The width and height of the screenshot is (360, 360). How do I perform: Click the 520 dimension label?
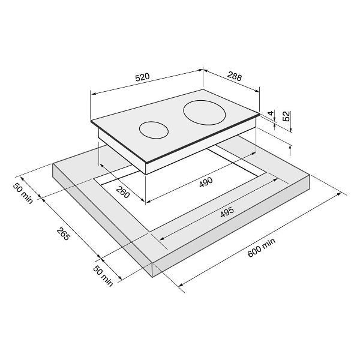pos(142,77)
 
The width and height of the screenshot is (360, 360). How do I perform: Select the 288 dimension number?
pos(235,76)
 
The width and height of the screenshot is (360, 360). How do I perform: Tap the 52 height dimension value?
pos(287,116)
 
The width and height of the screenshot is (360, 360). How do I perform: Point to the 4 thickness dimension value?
pos(271,113)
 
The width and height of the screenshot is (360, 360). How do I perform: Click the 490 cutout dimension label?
pos(206,182)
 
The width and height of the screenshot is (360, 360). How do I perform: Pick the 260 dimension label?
pos(123,192)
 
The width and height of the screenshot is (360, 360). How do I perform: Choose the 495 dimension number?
pos(227,212)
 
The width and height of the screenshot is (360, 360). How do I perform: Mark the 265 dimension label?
pos(63,234)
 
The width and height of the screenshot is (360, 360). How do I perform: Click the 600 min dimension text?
pos(261,247)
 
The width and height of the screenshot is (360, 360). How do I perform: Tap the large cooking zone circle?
pos(204,113)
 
